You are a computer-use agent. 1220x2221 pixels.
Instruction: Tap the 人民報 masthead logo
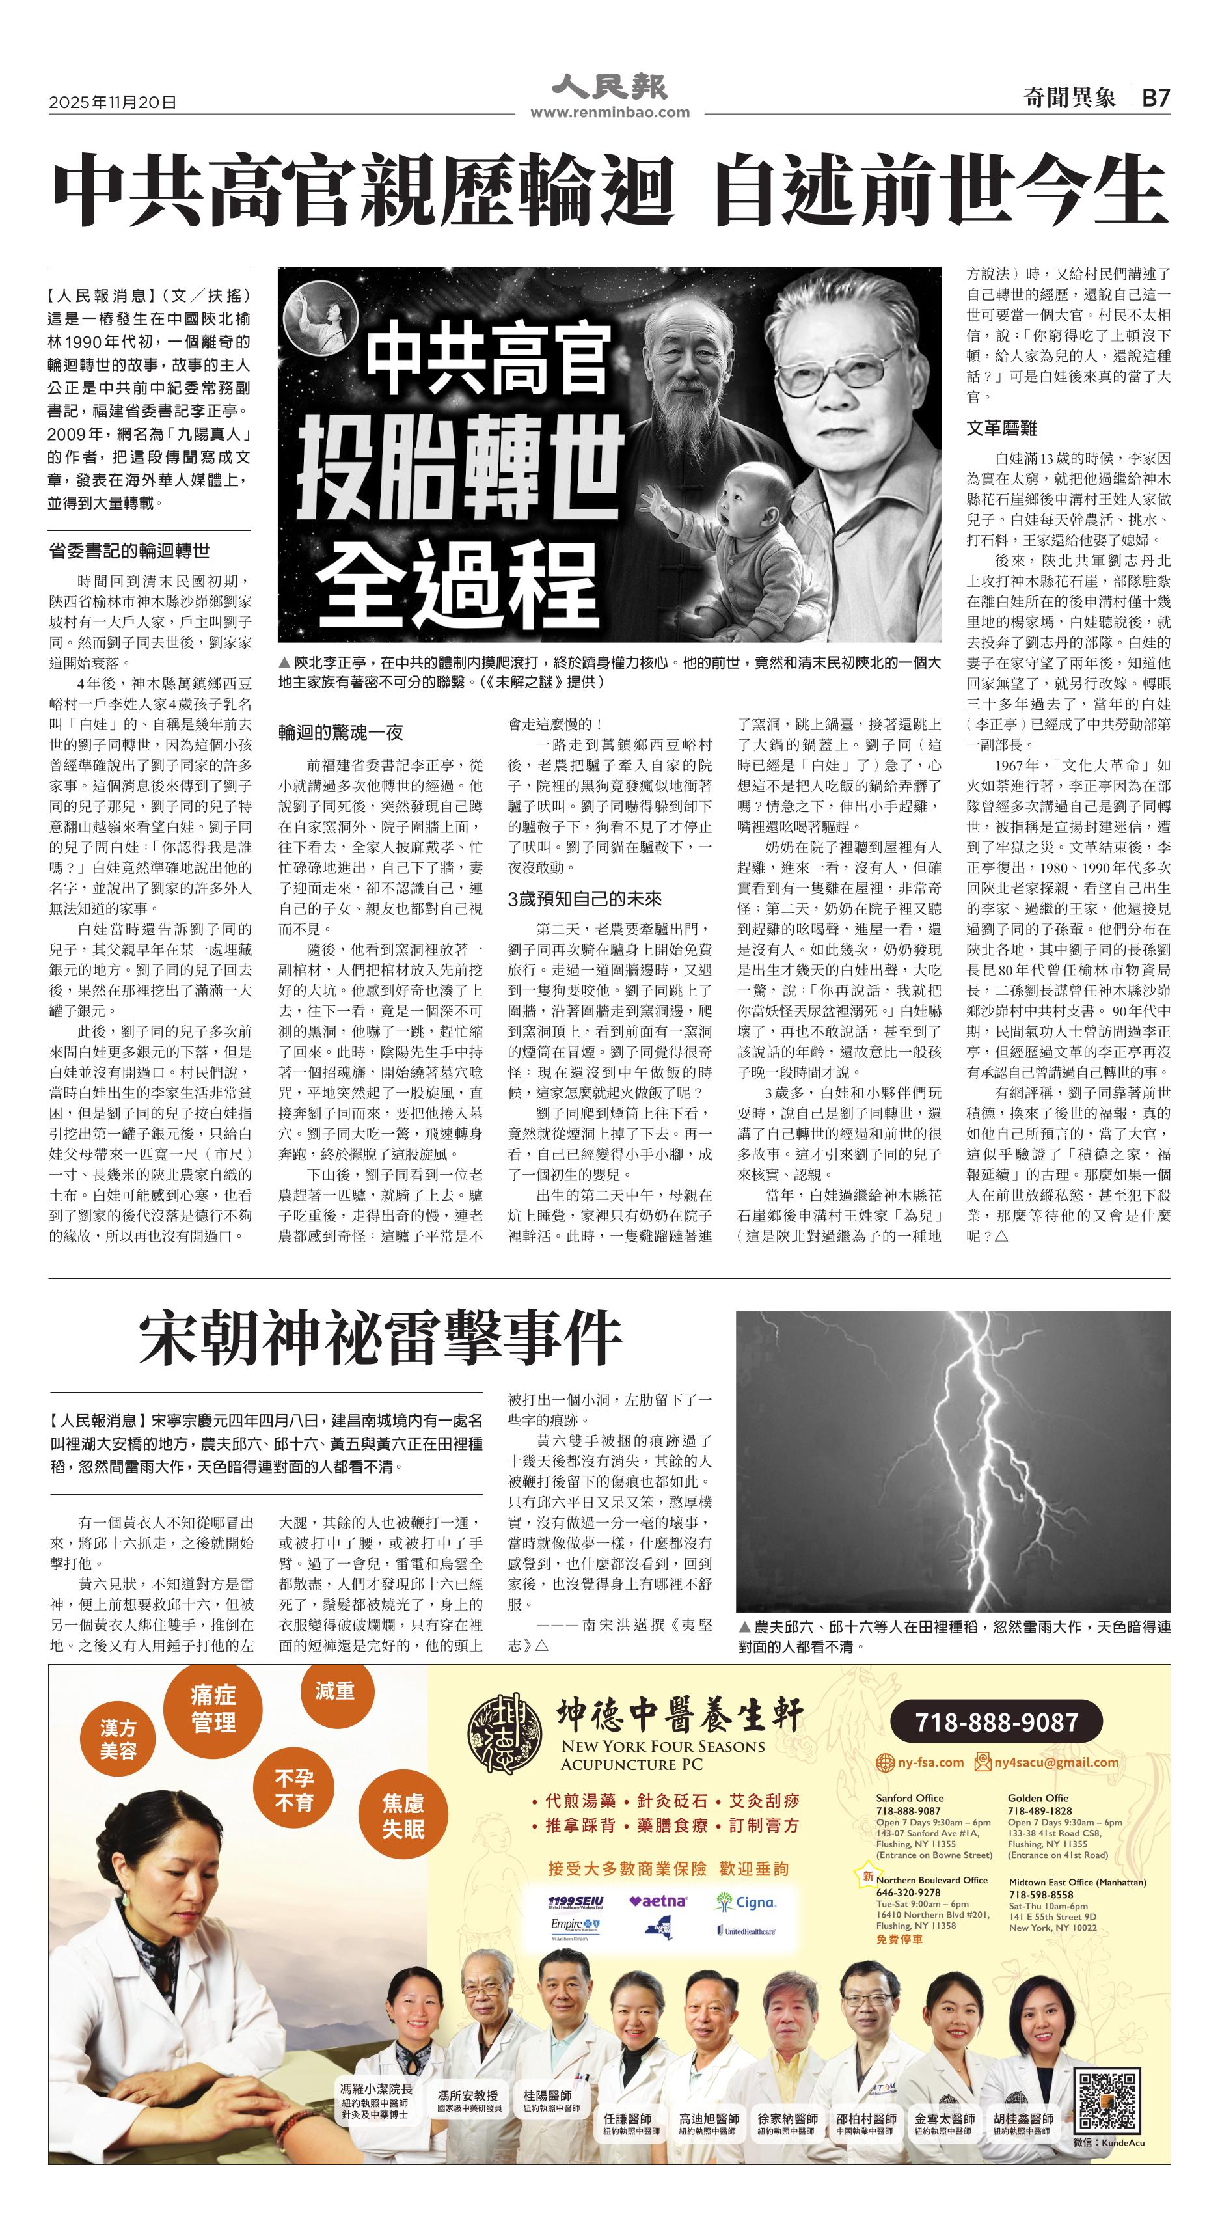click(x=610, y=86)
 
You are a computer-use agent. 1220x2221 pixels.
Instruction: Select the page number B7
click(x=1156, y=98)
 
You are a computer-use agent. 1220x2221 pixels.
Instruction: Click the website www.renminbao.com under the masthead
click(x=610, y=112)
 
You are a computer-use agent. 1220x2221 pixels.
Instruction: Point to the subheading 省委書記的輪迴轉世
click(x=129, y=551)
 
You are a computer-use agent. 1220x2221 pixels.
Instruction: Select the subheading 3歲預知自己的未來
click(x=584, y=899)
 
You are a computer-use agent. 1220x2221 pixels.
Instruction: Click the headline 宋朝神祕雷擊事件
click(x=380, y=1337)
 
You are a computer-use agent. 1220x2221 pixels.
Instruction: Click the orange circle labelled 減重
click(x=334, y=1691)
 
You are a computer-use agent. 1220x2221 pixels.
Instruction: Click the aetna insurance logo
click(x=658, y=1901)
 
